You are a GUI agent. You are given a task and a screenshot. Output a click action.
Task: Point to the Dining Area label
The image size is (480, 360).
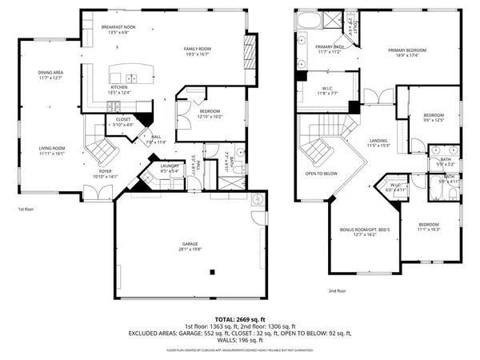coord(50,73)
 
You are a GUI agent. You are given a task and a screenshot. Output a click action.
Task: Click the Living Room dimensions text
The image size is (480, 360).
coord(50,153)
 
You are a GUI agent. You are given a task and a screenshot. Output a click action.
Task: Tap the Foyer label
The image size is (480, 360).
coord(105,170)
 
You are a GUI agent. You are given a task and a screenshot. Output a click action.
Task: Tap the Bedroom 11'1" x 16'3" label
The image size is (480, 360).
coord(428,226)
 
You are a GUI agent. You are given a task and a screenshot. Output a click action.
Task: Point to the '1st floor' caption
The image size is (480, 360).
coord(26,209)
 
